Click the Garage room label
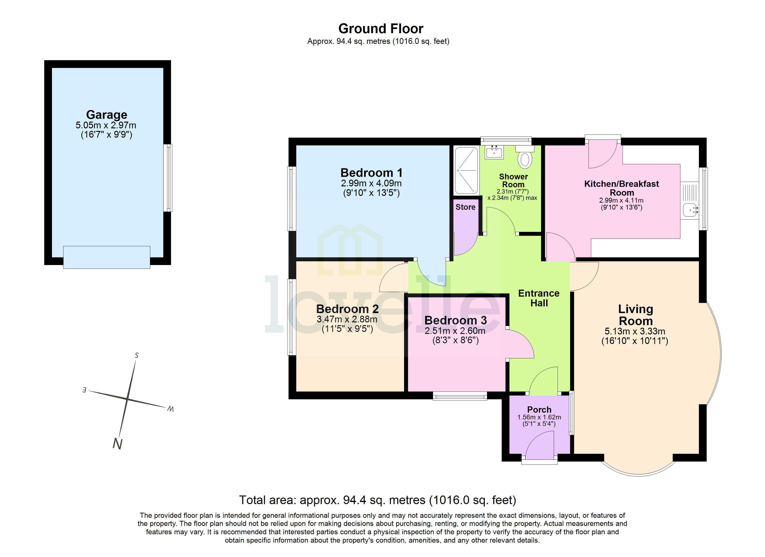click(x=107, y=115)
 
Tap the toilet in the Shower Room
click(x=525, y=159)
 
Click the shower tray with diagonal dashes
click(x=466, y=170)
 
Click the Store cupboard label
click(x=465, y=207)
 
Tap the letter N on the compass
click(x=117, y=443)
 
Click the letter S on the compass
click(x=137, y=355)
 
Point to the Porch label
click(x=539, y=409)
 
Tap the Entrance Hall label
click(x=539, y=298)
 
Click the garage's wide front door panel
click(x=107, y=257)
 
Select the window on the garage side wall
click(x=168, y=178)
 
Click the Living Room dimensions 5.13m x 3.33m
click(x=635, y=331)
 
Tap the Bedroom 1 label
click(x=371, y=173)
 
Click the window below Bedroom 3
click(x=460, y=396)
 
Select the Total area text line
click(x=377, y=500)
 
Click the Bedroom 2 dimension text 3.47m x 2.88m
click(x=347, y=319)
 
